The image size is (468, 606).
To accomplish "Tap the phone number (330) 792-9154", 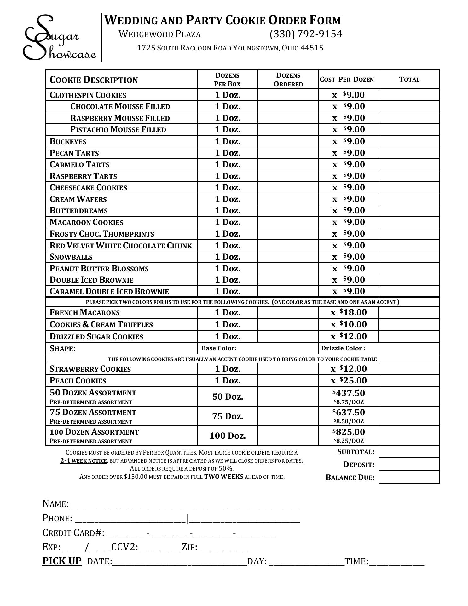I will [x=305, y=34].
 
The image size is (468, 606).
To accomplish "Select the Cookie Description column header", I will [x=94, y=80].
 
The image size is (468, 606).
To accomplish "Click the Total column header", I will [x=409, y=80].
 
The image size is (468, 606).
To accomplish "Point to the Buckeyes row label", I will [x=68, y=141].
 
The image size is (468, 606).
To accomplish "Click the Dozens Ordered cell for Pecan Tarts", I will [x=288, y=153].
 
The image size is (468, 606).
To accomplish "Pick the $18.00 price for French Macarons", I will [x=349, y=312].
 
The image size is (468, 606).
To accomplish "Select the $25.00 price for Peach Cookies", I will [x=349, y=381].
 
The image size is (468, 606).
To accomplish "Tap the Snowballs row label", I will [x=71, y=257].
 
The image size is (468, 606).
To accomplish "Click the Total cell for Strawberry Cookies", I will [x=409, y=369].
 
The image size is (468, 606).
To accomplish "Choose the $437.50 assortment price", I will [x=349, y=393].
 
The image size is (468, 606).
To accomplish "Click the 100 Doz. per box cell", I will [x=228, y=436].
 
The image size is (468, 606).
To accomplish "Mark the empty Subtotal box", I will [x=409, y=452].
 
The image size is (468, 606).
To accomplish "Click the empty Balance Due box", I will [x=409, y=477].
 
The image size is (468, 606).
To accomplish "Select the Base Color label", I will [x=219, y=348].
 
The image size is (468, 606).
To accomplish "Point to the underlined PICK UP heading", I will [x=62, y=561].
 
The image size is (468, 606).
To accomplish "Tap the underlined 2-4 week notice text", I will [x=84, y=460].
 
